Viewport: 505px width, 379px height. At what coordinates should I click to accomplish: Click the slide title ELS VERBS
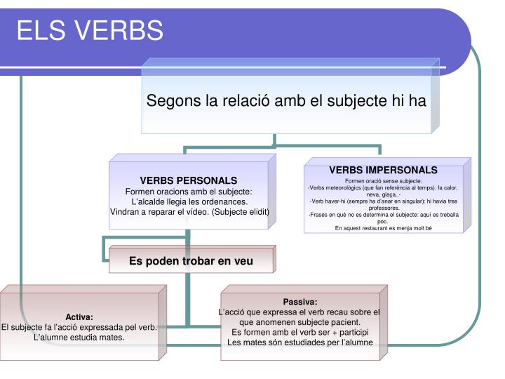coord(90,30)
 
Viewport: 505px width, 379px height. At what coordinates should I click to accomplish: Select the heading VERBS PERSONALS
coord(189,180)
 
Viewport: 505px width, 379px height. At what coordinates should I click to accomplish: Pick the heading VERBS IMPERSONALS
coord(383,171)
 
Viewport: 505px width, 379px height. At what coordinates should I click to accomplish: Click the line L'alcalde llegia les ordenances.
coord(189,201)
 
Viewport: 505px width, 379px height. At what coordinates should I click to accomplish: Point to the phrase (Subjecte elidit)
coord(236,212)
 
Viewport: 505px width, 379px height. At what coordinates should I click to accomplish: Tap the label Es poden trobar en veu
coord(191,261)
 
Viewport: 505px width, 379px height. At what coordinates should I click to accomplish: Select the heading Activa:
coord(79,317)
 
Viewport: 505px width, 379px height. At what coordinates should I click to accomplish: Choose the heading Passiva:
coord(301,301)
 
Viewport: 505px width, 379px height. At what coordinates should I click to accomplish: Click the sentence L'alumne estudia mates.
coord(79,337)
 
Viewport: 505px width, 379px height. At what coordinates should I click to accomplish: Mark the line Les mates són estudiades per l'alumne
coord(301,342)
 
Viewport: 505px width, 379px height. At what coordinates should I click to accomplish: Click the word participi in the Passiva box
coord(349,331)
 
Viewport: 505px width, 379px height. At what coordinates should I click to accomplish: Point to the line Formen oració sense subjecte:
coord(383,181)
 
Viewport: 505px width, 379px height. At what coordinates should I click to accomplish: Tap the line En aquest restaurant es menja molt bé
coord(383,228)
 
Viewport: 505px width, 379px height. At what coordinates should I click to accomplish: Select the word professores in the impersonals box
coord(383,208)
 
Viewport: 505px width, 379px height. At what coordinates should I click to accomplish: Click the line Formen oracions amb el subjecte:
coord(189,191)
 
